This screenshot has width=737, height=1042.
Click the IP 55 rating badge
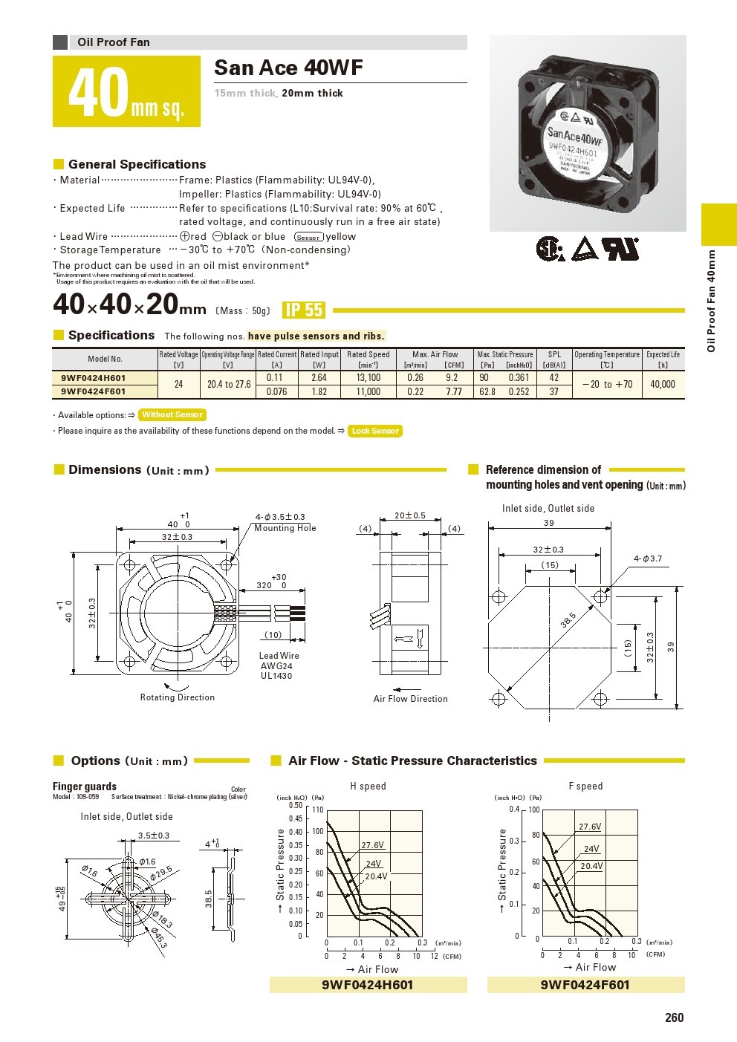point(304,310)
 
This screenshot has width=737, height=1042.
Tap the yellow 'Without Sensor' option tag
point(172,415)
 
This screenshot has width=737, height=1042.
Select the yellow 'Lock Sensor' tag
point(375,431)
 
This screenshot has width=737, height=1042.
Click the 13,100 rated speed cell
point(368,377)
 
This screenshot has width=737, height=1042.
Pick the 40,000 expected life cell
point(663,384)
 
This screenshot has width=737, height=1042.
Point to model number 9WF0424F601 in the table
point(94,391)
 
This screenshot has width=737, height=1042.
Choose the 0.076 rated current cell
point(276,391)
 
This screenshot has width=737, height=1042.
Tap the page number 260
point(674,1017)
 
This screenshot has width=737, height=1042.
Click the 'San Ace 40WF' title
point(288,68)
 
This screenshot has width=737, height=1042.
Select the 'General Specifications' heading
point(137,164)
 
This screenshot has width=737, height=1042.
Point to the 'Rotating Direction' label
point(178,697)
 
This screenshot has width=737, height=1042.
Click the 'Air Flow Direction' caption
point(410,699)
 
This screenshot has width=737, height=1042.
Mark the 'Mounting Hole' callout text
point(285,528)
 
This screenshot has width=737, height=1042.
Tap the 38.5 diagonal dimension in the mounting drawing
point(568,619)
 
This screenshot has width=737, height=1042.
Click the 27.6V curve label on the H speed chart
point(372,845)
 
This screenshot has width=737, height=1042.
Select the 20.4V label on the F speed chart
point(591,866)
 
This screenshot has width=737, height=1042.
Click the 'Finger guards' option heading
point(85,787)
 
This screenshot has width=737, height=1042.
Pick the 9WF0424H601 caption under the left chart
point(367,985)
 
